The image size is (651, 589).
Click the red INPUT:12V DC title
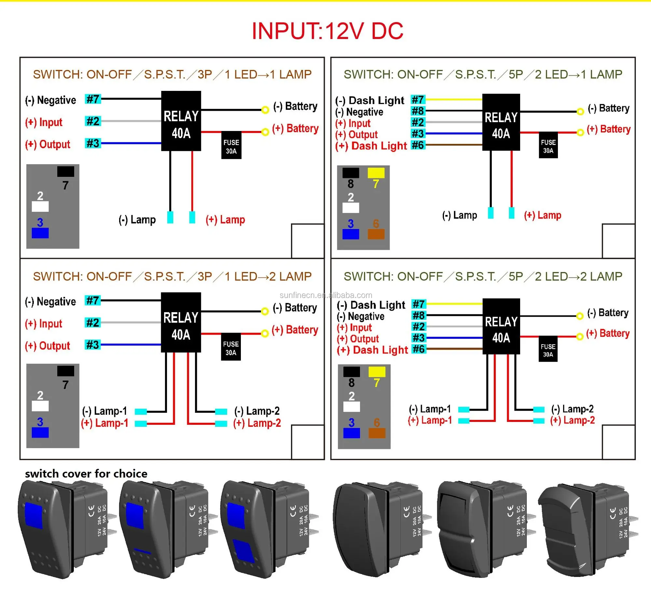click(327, 31)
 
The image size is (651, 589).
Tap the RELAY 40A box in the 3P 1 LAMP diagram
click(181, 121)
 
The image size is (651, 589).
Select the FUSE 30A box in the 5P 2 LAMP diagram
click(548, 349)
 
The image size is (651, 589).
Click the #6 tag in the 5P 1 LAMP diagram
click(418, 145)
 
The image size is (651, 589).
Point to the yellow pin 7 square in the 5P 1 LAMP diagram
click(376, 173)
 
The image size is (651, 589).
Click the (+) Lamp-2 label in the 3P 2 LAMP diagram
click(257, 423)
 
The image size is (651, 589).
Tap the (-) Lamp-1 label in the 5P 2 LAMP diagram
click(430, 409)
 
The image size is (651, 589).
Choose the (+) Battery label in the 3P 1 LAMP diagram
click(295, 128)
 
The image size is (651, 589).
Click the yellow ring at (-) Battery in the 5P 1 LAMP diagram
click(580, 112)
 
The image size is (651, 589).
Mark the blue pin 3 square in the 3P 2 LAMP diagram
click(40, 432)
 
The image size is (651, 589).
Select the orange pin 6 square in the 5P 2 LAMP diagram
click(377, 433)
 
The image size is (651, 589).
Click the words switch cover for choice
click(86, 473)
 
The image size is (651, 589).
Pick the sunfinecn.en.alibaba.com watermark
click(326, 295)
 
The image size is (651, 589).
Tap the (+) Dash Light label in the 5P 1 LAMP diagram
click(371, 146)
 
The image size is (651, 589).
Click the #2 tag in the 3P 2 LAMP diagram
click(93, 323)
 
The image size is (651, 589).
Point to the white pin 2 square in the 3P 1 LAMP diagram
click(40, 206)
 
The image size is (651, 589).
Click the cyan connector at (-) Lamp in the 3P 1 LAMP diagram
click(170, 217)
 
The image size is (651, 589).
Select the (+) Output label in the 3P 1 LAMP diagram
click(48, 144)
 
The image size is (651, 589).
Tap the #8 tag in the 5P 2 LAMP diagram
click(419, 315)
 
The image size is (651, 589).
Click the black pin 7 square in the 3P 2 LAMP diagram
click(66, 371)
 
